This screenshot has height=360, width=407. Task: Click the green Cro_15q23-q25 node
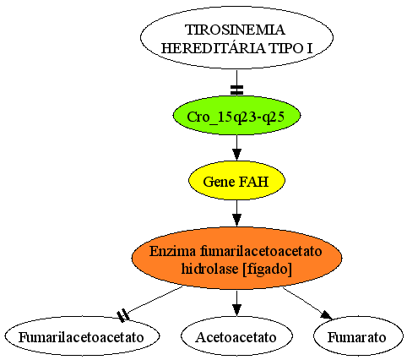coord(236,116)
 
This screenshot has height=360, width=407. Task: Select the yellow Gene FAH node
coord(236,181)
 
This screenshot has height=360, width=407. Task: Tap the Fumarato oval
coord(358,336)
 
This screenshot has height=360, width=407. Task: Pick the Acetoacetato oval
coord(236,336)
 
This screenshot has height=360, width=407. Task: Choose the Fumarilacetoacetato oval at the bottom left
coord(82,336)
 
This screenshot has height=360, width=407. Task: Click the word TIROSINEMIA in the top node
coord(236,30)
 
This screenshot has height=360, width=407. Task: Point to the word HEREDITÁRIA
coord(213,48)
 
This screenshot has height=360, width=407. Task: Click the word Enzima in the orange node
coord(172,251)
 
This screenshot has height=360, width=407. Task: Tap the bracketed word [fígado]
coord(267,269)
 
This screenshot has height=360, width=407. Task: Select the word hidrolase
coord(209,269)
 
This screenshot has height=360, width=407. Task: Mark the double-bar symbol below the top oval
coord(236,90)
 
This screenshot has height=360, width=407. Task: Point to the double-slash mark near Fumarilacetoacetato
coord(123,315)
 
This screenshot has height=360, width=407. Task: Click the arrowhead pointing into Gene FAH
coord(236,155)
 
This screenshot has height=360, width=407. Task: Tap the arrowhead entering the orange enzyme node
coord(236,220)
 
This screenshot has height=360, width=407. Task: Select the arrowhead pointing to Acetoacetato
coord(236,310)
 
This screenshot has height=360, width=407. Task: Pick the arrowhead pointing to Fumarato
coord(328,315)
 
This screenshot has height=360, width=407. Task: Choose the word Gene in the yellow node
coord(219,182)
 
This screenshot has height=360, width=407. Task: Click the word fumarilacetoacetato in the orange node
coord(261,251)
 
